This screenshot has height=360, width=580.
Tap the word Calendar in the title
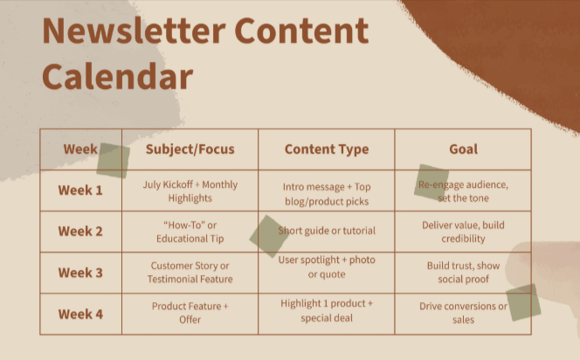click(117, 76)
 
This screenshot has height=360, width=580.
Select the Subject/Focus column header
click(190, 149)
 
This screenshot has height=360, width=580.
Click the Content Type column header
click(326, 149)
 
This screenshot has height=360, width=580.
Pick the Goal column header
click(463, 149)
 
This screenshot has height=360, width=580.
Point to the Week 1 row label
click(80, 190)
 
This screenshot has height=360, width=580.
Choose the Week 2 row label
click(80, 232)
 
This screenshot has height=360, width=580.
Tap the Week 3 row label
click(80, 273)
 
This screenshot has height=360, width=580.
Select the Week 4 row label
click(80, 314)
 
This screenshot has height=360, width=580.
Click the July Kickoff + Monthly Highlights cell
click(190, 191)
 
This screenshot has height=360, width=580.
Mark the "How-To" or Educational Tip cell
click(190, 232)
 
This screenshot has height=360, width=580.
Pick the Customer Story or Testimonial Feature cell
click(190, 273)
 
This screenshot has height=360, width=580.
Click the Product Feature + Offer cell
click(190, 314)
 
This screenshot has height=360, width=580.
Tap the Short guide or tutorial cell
click(328, 232)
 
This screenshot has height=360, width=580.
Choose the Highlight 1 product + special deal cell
click(326, 311)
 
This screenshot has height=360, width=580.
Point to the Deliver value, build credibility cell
click(463, 232)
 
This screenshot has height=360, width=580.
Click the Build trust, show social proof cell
click(463, 273)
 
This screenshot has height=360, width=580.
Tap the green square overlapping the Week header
click(113, 161)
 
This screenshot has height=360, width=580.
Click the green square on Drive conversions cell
click(523, 302)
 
